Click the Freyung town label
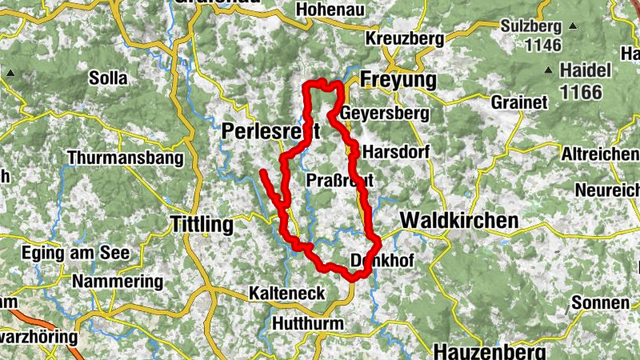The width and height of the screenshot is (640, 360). pyautogui.click(x=398, y=80)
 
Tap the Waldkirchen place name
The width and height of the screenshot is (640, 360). pyautogui.click(x=458, y=220)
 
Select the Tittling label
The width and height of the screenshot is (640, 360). pyautogui.click(x=202, y=225)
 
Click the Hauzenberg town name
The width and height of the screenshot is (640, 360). pyautogui.click(x=490, y=350)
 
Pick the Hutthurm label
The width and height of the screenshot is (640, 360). pyautogui.click(x=308, y=324)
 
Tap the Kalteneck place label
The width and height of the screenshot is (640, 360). pyautogui.click(x=287, y=294)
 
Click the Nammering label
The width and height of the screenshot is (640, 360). pyautogui.click(x=117, y=282)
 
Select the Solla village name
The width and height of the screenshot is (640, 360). pyautogui.click(x=109, y=78)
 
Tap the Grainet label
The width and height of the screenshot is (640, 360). pyautogui.click(x=519, y=102)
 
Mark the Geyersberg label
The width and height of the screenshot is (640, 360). pyautogui.click(x=384, y=114)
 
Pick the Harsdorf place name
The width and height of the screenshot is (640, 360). pyautogui.click(x=396, y=151)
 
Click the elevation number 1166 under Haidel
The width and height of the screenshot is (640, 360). pyautogui.click(x=581, y=93)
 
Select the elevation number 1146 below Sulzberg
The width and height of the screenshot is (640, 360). pyautogui.click(x=543, y=45)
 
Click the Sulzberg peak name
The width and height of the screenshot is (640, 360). pyautogui.click(x=532, y=26)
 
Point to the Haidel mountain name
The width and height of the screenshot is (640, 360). pyautogui.click(x=586, y=70)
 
